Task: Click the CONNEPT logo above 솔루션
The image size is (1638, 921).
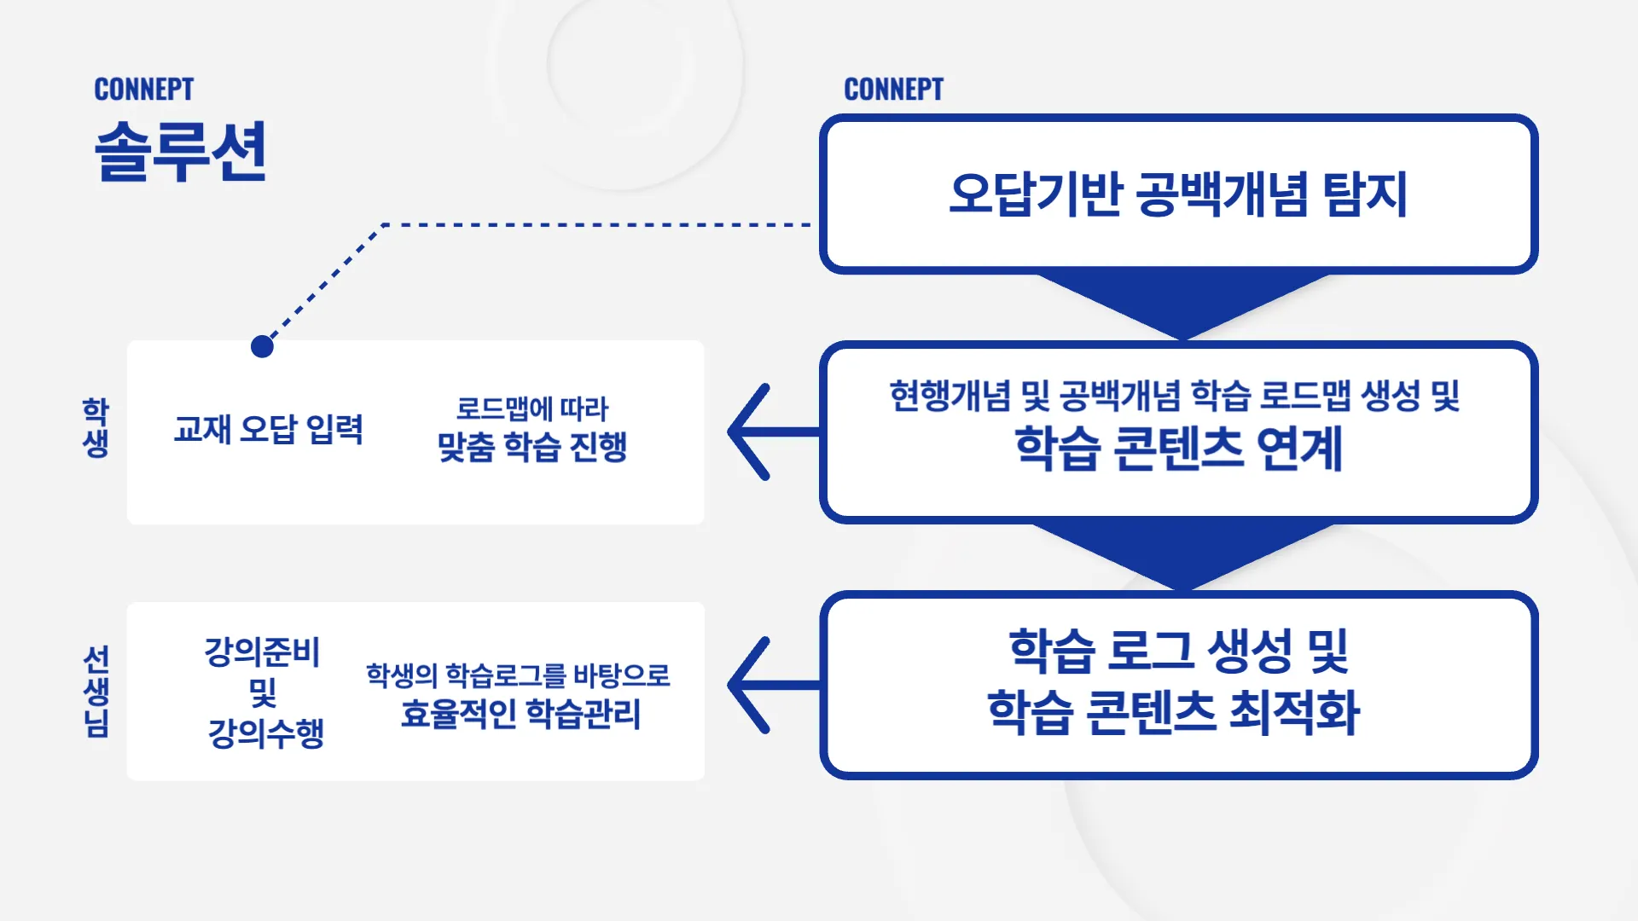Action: pos(143,90)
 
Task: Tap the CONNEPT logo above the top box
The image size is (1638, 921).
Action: pos(893,90)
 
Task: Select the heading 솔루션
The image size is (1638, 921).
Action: pos(181,151)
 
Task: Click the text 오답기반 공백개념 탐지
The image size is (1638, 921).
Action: pos(1178,194)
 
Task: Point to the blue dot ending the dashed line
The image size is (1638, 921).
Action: pos(262,346)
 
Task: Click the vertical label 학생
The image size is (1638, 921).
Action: pos(96,427)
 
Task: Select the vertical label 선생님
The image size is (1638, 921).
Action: pos(96,691)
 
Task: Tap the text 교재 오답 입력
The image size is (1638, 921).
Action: pos(269,429)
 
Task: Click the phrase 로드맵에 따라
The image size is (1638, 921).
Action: pos(532,408)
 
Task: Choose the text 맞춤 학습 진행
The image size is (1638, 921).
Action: pos(532,447)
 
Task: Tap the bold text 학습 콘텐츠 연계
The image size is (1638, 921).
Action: pos(1178,449)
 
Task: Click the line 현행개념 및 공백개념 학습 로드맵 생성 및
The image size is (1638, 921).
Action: pos(1175,396)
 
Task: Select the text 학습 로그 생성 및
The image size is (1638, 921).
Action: pos(1178,651)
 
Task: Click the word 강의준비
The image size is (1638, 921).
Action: pos(262,652)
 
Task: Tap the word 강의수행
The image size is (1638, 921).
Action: pos(266,733)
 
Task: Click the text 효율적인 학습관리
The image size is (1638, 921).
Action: pos(520,714)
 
